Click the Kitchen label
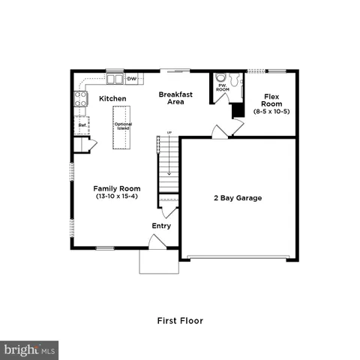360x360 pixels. tap(112, 98)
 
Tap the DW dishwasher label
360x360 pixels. tap(132, 78)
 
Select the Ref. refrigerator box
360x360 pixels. tap(82, 125)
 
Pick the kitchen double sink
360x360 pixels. tap(114, 78)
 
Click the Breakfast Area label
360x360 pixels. tap(176, 97)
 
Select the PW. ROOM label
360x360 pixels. tap(223, 88)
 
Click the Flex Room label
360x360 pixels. tap(271, 100)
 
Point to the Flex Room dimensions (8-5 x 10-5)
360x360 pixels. tap(271, 111)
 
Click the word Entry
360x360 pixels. tap(161, 226)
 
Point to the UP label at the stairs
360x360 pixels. tap(169, 133)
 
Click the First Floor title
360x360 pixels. tap(180, 320)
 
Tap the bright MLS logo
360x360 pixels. tap(30, 349)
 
